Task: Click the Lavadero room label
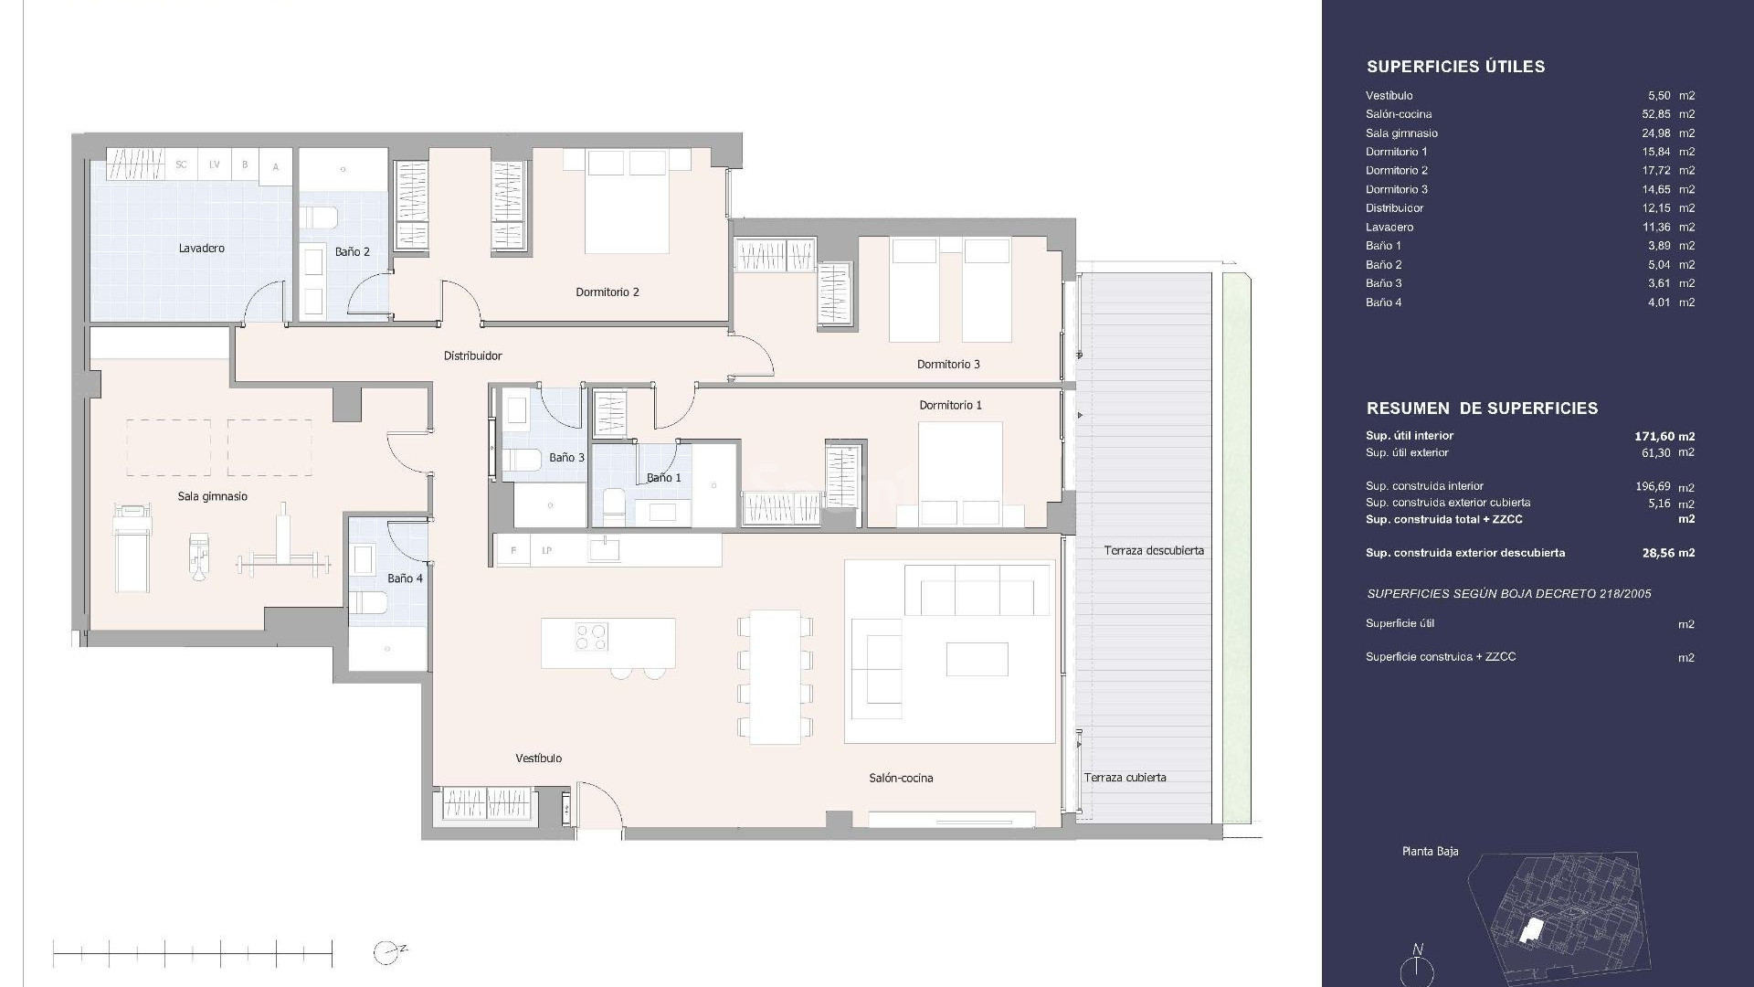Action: [x=201, y=248]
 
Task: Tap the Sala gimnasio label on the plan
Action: [x=212, y=496]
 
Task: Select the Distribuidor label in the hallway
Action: [x=472, y=356]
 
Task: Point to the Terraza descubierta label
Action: [x=1153, y=550]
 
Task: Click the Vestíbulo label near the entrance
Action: [x=538, y=758]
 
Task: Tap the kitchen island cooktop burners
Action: [x=591, y=636]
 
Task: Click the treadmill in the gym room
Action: [x=129, y=547]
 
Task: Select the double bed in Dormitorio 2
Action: [x=626, y=201]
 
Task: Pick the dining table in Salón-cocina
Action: [x=775, y=676]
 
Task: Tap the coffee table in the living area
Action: [x=977, y=658]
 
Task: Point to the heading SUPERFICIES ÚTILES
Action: [x=1455, y=67]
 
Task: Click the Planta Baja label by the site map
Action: [x=1430, y=851]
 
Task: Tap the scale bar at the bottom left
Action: [x=193, y=953]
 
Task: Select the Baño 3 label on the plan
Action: [x=566, y=457]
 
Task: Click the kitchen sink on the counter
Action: [x=604, y=549]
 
